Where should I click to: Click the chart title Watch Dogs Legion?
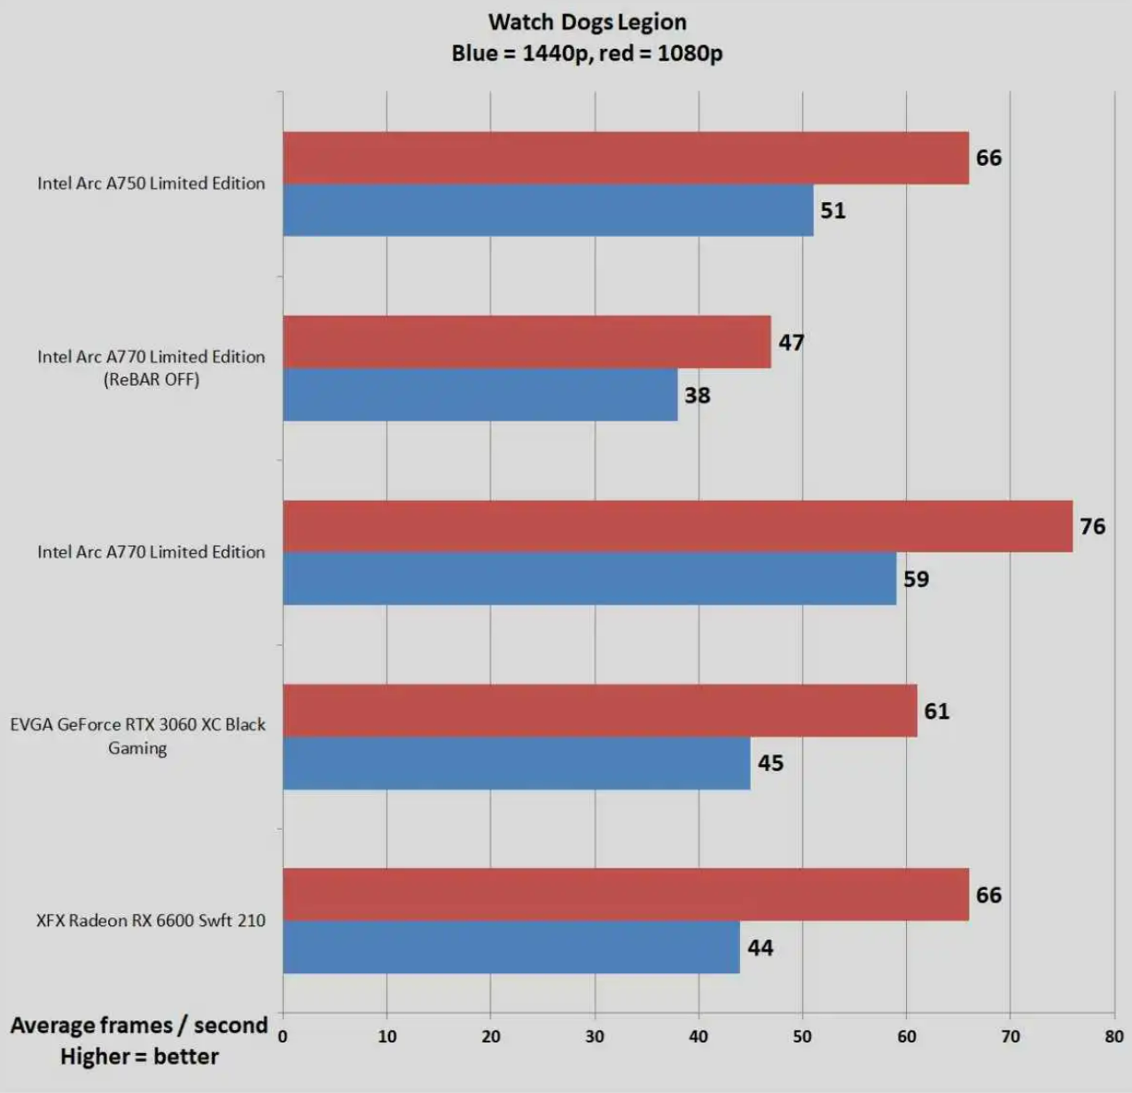click(587, 22)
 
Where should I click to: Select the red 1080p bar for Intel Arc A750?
click(625, 158)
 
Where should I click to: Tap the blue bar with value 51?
click(548, 210)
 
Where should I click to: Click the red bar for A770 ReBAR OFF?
click(527, 342)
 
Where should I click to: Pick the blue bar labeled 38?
click(480, 394)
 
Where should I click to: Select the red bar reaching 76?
click(677, 526)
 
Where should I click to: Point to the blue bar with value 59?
click(589, 579)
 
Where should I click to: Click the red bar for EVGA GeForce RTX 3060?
click(600, 710)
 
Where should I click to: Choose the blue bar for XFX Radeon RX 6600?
click(511, 947)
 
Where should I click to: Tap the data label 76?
click(1092, 527)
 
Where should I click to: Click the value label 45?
click(770, 763)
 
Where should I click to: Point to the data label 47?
click(791, 343)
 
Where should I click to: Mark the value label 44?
click(760, 949)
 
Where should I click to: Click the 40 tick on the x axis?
click(699, 1036)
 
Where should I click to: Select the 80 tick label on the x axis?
click(1113, 1036)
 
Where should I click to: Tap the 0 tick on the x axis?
click(283, 1036)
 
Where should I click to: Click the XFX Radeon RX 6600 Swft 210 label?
click(151, 920)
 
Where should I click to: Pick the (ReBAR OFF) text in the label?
click(152, 379)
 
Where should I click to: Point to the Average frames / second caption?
click(138, 1026)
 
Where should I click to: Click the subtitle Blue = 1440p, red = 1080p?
click(587, 53)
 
